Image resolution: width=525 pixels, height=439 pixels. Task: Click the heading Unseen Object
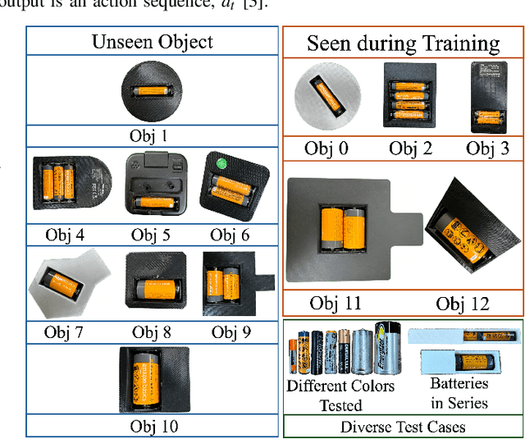click(x=153, y=41)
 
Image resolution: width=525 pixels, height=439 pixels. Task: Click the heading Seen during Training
click(x=403, y=43)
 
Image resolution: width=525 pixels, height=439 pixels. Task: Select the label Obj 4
click(x=66, y=236)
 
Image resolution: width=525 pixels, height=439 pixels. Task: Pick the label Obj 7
click(x=66, y=332)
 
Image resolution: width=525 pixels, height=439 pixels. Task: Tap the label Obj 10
click(x=153, y=426)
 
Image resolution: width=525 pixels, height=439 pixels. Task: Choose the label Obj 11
click(x=340, y=304)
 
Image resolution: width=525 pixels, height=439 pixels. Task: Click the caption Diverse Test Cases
click(x=402, y=427)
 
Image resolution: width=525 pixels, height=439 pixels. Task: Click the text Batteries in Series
click(x=459, y=393)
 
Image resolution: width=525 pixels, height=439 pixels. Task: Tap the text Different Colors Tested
click(x=340, y=395)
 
